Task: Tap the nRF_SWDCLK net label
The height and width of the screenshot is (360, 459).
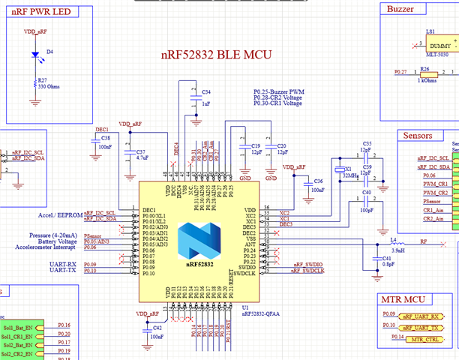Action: click(308, 271)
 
